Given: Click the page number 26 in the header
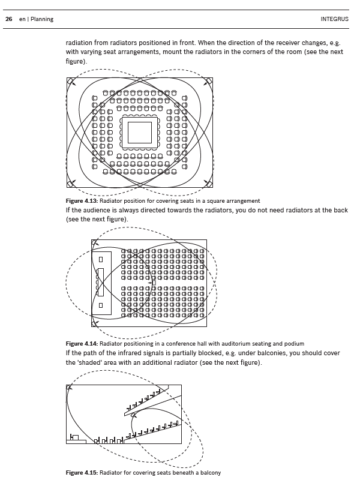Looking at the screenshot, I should (9, 19).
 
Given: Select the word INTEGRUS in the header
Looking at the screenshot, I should (335, 19).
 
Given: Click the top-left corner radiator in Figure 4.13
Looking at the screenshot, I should (71, 82).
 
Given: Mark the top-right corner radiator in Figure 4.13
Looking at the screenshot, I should (208, 82).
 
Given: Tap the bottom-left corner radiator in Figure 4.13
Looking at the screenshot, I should (71, 182).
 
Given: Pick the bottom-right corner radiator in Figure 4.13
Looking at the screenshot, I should (208, 182).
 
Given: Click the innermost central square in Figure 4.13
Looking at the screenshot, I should (140, 133).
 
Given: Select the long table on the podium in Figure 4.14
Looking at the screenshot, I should (101, 282).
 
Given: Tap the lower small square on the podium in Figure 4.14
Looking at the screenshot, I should (101, 305).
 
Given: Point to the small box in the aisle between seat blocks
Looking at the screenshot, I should (153, 282).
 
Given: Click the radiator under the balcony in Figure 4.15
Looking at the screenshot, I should (133, 415).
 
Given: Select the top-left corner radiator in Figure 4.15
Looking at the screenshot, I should (70, 388).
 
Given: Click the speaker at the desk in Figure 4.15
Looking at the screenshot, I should (74, 437).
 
